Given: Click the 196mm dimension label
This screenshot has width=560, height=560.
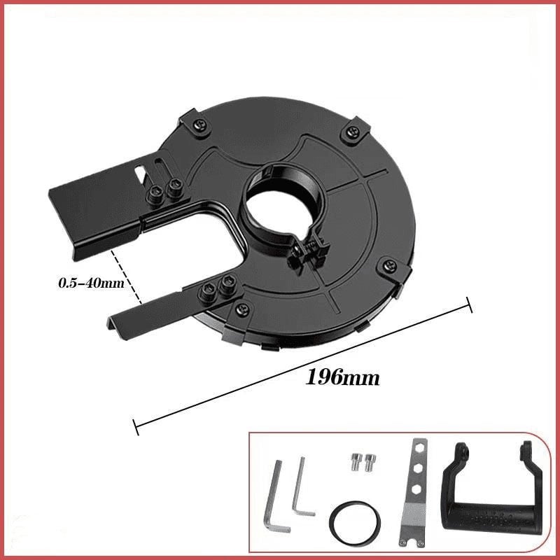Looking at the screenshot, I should pos(343,378).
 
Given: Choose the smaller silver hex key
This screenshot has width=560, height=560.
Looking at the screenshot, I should pos(302,486).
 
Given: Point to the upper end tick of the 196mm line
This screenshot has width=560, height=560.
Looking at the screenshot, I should pos(469,305).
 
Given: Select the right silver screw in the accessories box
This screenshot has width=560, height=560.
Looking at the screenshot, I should pos(370,461).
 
